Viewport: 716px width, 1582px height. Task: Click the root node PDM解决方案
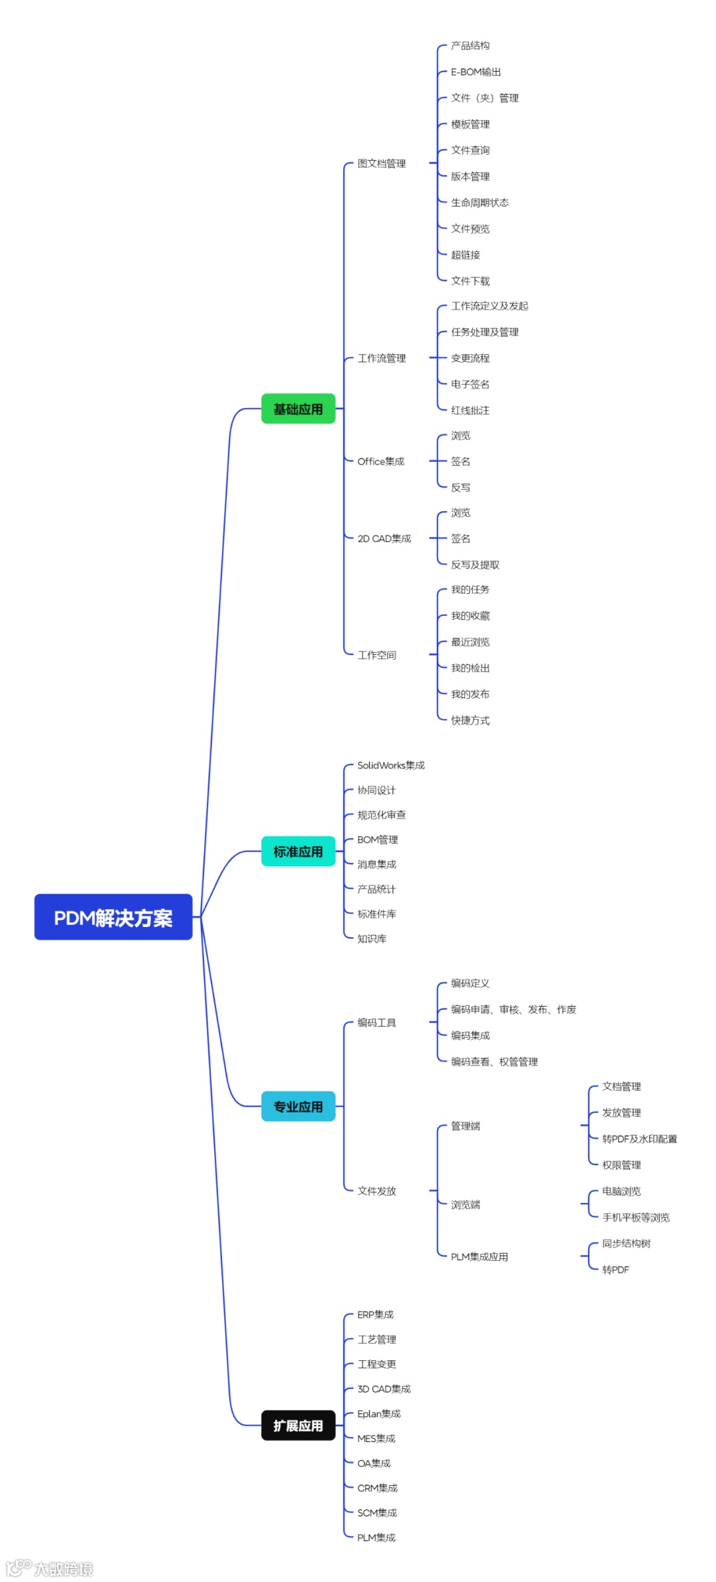pos(113,917)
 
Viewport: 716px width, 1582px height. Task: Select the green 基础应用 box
pos(298,409)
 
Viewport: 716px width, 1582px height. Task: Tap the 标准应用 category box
pos(298,851)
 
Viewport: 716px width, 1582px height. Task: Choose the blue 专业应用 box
pos(298,1106)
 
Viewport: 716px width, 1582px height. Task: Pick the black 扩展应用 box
pos(298,1425)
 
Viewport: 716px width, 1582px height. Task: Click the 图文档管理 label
pos(381,163)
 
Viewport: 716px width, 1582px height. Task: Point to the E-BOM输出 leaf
pos(476,72)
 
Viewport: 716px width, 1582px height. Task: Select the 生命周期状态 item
pos(480,202)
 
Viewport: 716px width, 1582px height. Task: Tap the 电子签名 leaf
pos(470,384)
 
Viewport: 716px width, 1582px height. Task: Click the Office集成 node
pos(381,461)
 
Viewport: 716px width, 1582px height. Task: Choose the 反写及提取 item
pos(475,565)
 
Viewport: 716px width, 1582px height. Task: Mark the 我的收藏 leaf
pos(470,616)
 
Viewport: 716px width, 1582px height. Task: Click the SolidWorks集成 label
pos(390,765)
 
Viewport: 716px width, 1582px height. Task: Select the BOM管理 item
pos(377,839)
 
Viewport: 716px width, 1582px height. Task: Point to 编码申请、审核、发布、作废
pos(513,1009)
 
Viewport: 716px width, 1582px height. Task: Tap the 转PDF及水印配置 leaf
pos(639,1139)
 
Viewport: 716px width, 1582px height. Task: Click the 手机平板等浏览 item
pos(636,1217)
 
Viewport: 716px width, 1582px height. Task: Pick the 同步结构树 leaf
pos(626,1244)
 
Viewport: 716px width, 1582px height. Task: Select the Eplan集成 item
pos(379,1413)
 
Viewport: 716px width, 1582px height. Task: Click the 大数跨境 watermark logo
pos(50,1569)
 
